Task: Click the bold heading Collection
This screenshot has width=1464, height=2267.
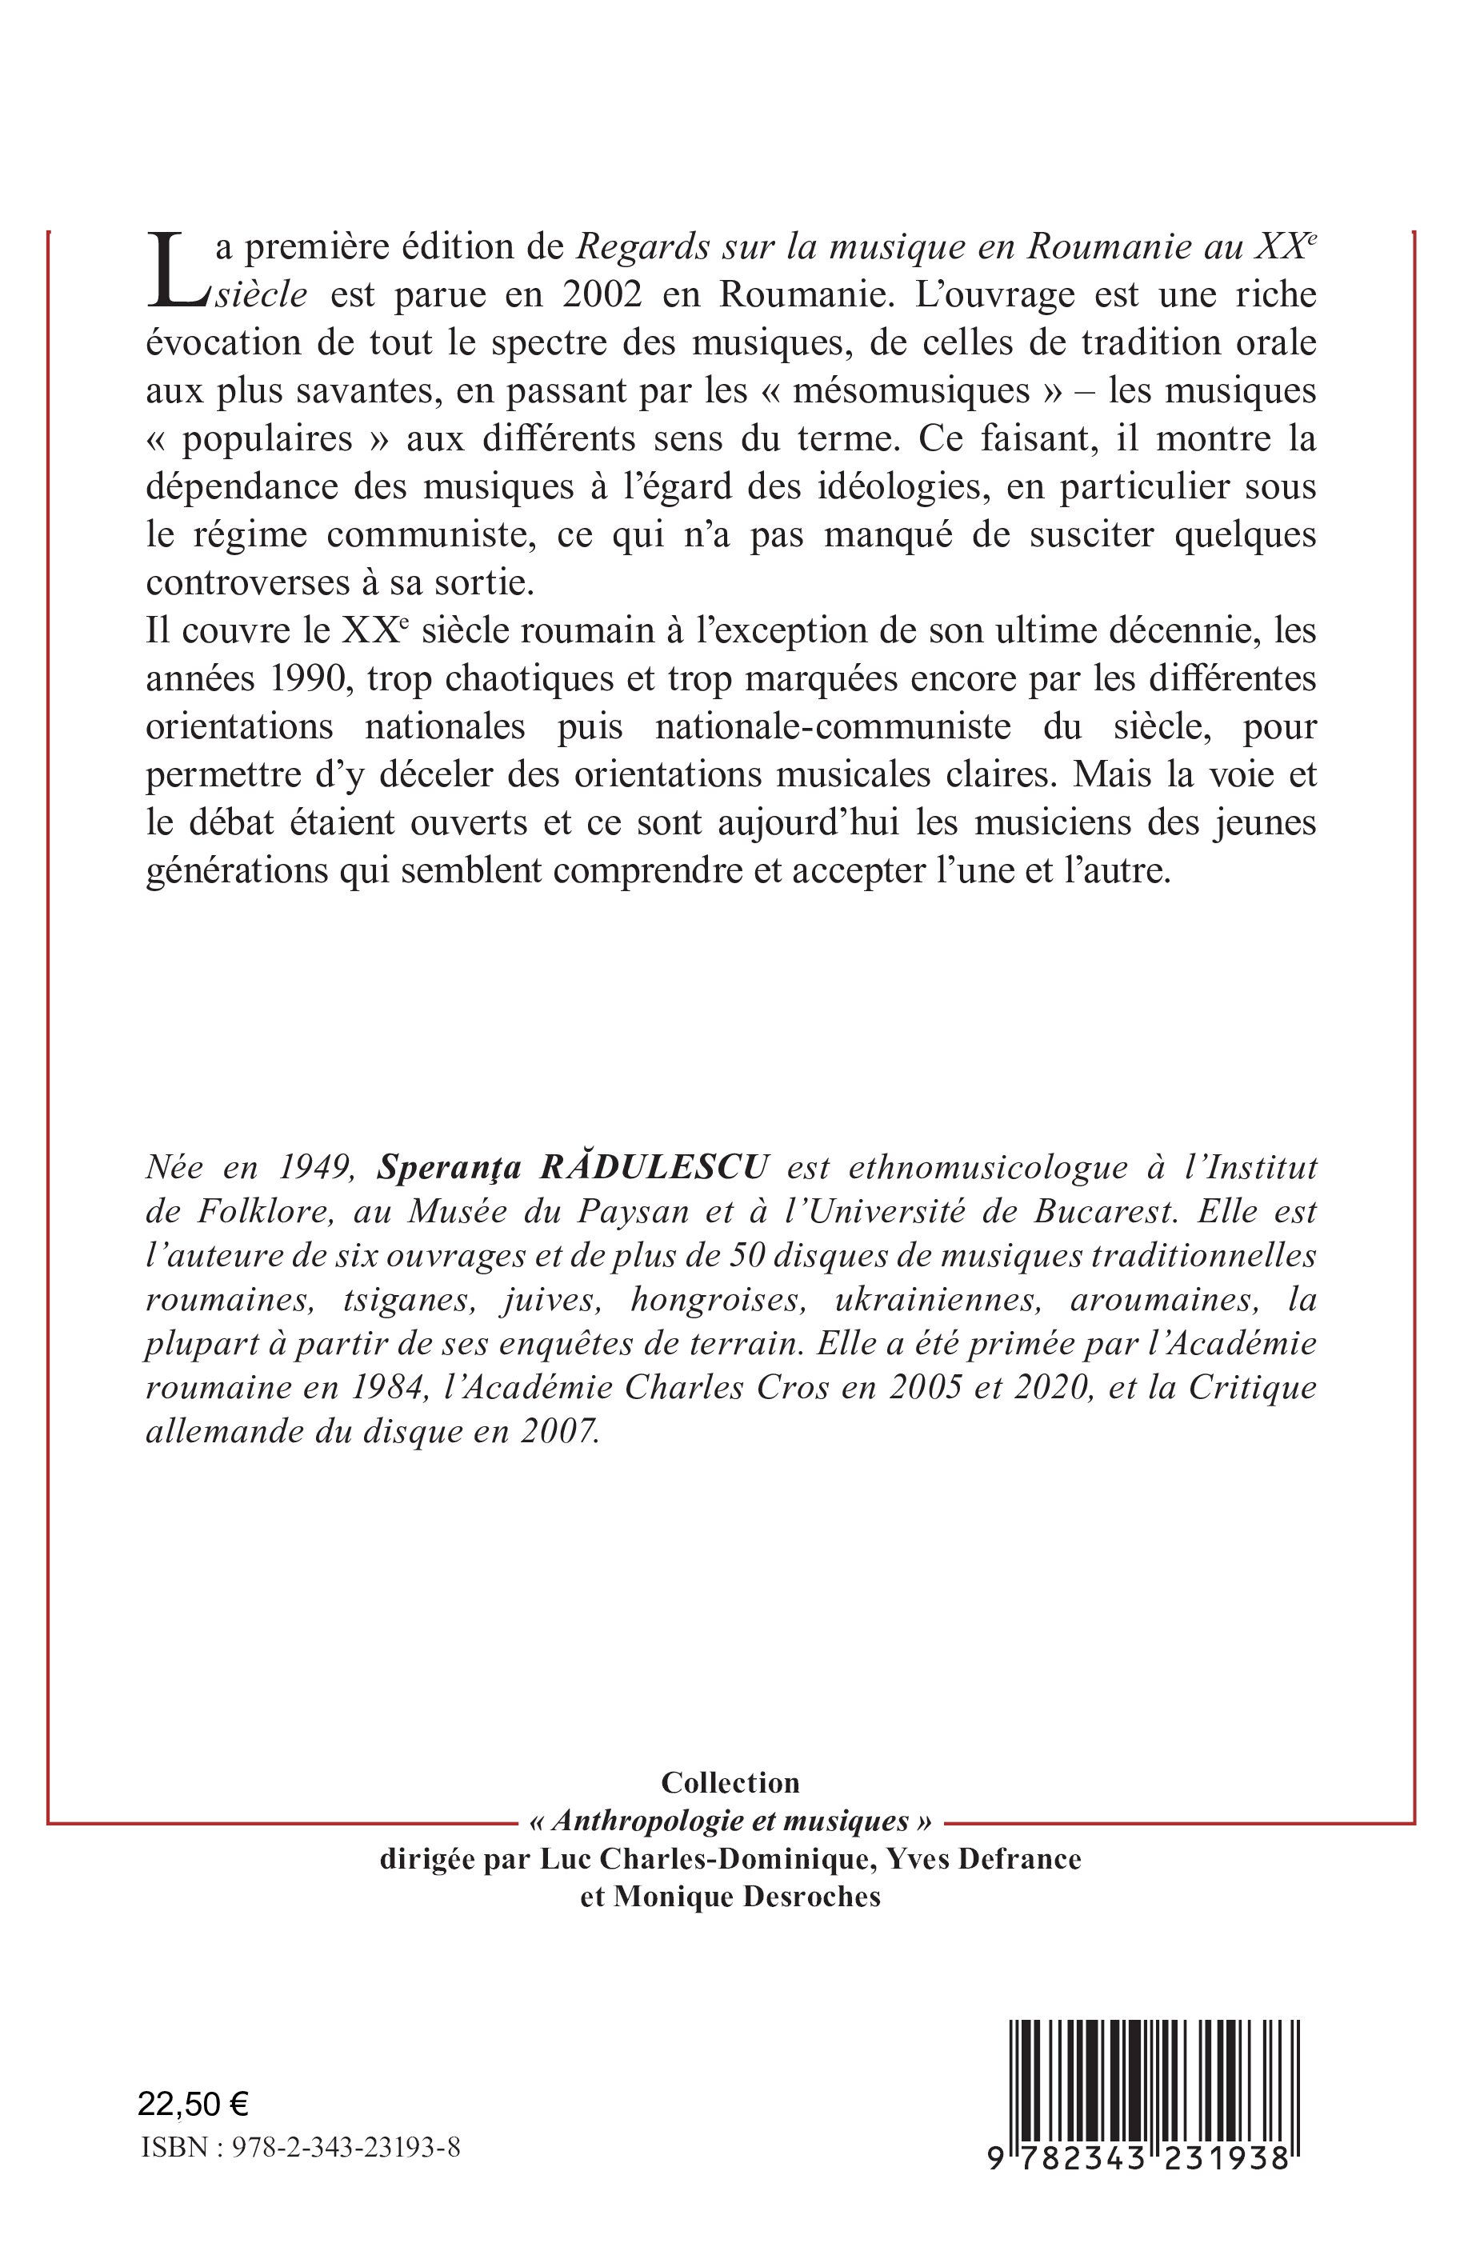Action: click(x=730, y=1782)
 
